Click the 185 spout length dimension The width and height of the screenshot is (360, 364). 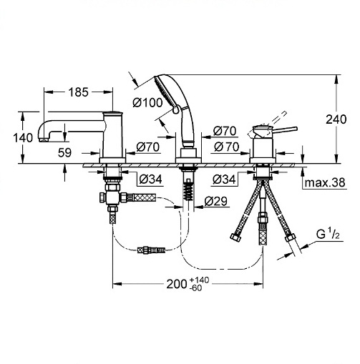click(x=79, y=92)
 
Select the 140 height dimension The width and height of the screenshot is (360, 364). click(x=23, y=138)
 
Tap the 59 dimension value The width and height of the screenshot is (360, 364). click(x=64, y=152)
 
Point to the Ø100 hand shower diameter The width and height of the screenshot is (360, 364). click(x=147, y=102)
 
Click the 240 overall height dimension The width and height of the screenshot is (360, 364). click(x=336, y=119)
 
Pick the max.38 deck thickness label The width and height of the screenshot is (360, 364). click(x=325, y=182)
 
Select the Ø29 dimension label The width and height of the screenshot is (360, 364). click(x=215, y=202)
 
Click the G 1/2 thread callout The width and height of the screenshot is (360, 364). click(x=328, y=235)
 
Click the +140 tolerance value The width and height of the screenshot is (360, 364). click(x=199, y=280)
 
